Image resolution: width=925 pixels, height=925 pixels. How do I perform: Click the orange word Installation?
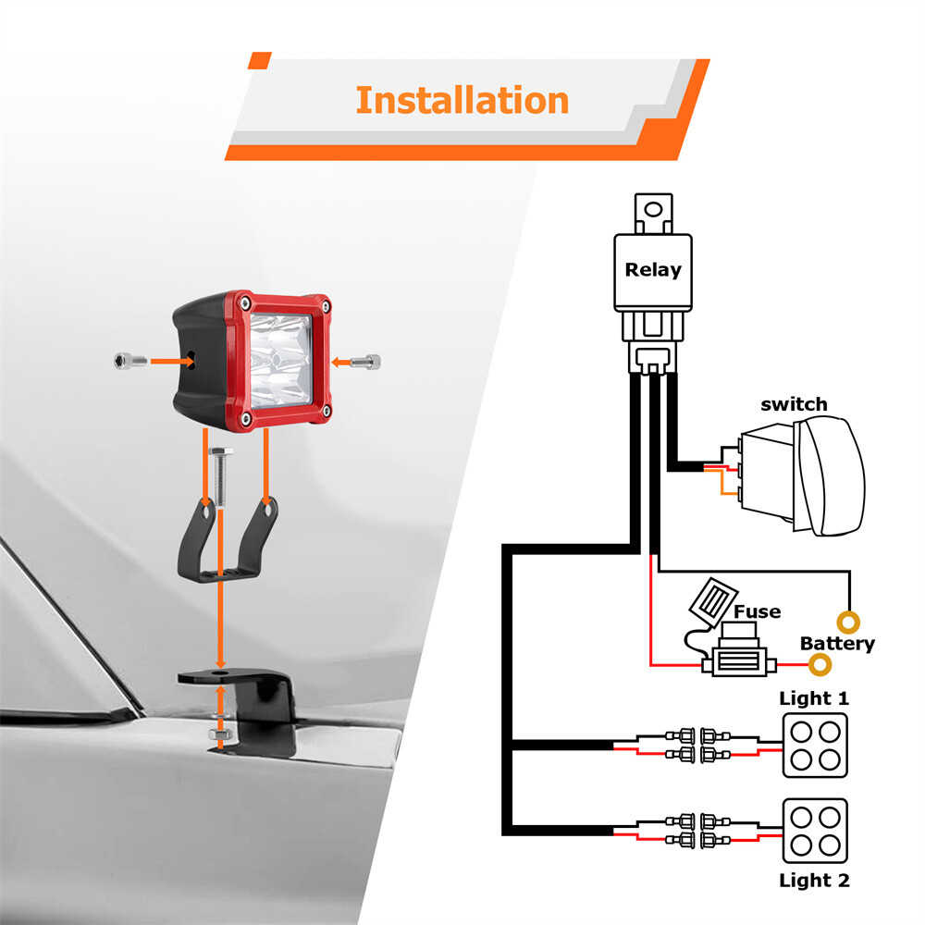click(x=462, y=100)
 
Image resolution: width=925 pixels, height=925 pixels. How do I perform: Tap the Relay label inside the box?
click(x=653, y=269)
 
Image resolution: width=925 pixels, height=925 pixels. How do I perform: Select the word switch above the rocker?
click(x=794, y=405)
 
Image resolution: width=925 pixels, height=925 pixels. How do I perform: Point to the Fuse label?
click(x=757, y=611)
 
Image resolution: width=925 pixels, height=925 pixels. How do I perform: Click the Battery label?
click(x=837, y=644)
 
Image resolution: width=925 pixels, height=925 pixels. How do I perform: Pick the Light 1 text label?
click(x=814, y=698)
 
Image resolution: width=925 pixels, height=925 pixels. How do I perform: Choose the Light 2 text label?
click(x=814, y=881)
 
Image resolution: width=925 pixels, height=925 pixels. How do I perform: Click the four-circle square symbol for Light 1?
click(x=815, y=745)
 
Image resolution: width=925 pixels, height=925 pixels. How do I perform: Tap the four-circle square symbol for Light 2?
click(x=815, y=831)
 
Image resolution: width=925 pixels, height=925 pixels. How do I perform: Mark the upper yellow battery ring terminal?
click(x=848, y=623)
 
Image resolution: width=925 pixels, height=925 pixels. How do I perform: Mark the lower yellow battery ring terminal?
click(x=820, y=665)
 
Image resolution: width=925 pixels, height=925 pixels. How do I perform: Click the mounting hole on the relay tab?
click(x=653, y=209)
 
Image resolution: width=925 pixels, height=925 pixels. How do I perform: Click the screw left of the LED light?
click(x=130, y=361)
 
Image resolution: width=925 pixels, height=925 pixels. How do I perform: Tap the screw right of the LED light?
click(x=365, y=362)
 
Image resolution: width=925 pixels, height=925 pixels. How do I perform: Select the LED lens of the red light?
click(x=279, y=361)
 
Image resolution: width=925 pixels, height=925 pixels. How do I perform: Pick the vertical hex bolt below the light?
click(x=221, y=476)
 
